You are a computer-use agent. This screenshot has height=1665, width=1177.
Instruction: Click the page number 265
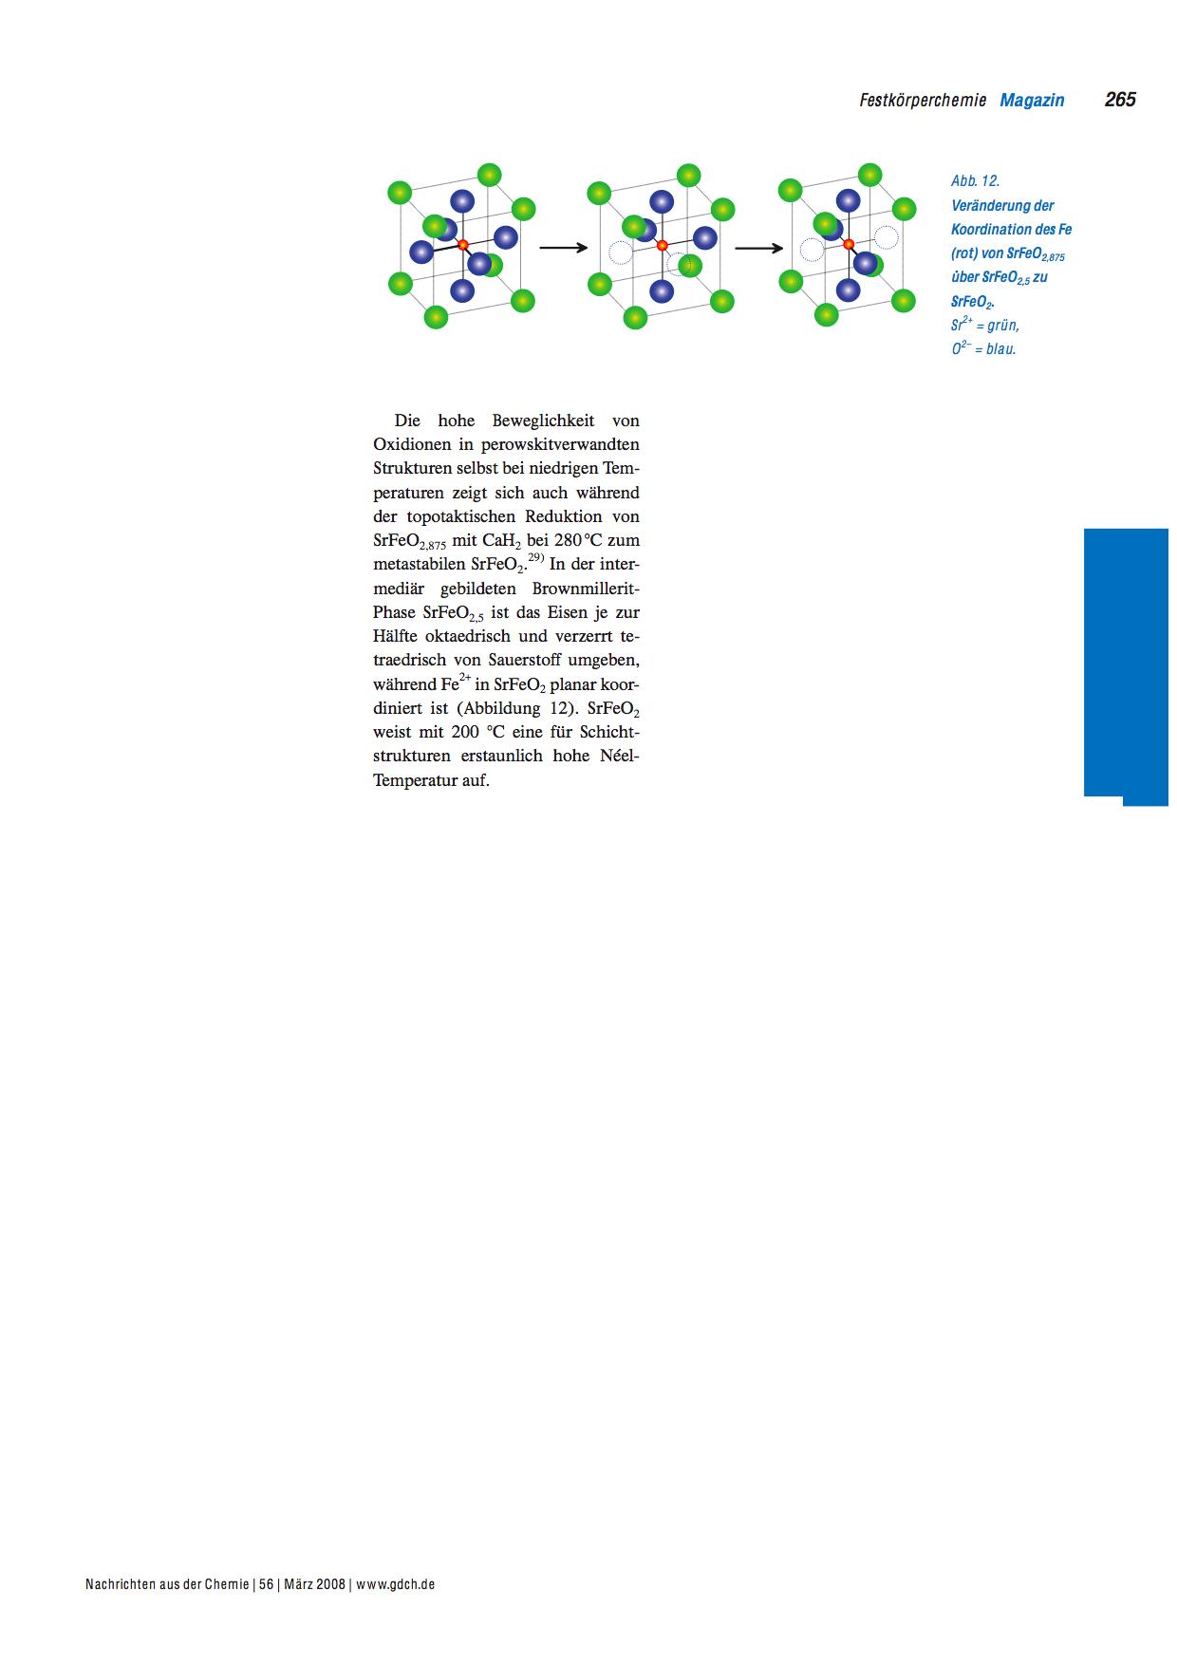tap(1120, 100)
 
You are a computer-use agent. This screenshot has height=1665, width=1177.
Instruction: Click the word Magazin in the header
tap(1032, 100)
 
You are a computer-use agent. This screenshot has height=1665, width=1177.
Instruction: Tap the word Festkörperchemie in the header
tap(923, 100)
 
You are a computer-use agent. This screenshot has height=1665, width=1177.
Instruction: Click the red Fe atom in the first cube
tap(463, 245)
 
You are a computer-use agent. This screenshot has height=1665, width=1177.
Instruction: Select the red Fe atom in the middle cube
tap(662, 246)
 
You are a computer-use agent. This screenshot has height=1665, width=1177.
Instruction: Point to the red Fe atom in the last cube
tap(849, 244)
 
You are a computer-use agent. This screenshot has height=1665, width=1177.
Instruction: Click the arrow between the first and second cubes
tap(564, 248)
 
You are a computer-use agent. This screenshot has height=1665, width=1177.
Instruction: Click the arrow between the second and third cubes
tap(758, 249)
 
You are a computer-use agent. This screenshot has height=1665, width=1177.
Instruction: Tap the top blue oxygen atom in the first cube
tap(462, 201)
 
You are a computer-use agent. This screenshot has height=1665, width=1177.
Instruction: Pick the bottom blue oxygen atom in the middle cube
tap(662, 290)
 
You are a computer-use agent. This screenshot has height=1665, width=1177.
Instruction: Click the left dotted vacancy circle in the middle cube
tap(620, 252)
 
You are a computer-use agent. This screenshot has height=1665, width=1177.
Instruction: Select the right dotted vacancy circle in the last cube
tap(887, 236)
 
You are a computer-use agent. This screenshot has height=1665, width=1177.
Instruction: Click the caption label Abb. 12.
tap(975, 180)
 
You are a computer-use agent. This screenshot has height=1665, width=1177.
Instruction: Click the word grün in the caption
tap(1001, 325)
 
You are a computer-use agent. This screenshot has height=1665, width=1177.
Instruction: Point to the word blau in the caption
tap(1000, 348)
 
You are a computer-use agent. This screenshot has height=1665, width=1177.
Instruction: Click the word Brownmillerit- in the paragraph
tap(586, 589)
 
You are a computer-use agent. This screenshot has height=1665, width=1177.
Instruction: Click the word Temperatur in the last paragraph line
tap(417, 781)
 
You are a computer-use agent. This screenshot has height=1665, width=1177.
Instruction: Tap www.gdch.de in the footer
tap(396, 1584)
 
